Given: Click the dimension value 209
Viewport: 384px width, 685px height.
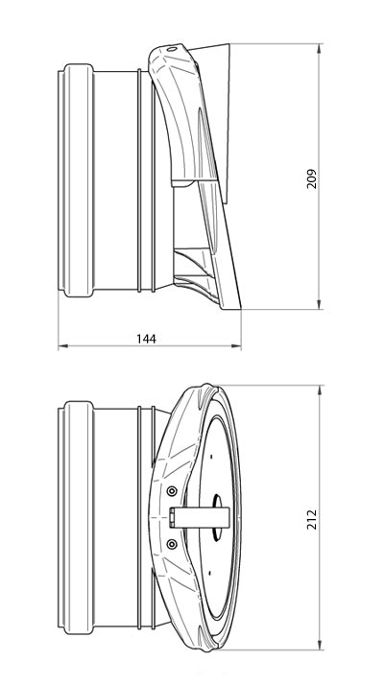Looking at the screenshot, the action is (311, 178).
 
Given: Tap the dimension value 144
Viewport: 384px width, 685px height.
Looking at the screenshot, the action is (146, 339).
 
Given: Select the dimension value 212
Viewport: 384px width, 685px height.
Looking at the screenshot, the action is (311, 519).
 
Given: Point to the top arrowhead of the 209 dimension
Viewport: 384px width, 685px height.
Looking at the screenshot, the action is (319, 49).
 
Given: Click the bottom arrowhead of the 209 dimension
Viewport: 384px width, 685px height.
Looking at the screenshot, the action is (319, 304).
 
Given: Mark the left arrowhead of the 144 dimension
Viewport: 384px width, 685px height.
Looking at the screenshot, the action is (63, 346).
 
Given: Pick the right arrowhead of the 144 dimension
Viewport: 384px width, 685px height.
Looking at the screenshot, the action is (236, 346).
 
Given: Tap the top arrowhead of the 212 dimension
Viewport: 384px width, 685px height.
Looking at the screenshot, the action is (320, 390).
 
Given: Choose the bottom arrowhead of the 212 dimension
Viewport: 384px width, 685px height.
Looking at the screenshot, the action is (320, 645).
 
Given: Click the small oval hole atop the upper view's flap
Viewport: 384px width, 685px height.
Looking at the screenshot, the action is (172, 49).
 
